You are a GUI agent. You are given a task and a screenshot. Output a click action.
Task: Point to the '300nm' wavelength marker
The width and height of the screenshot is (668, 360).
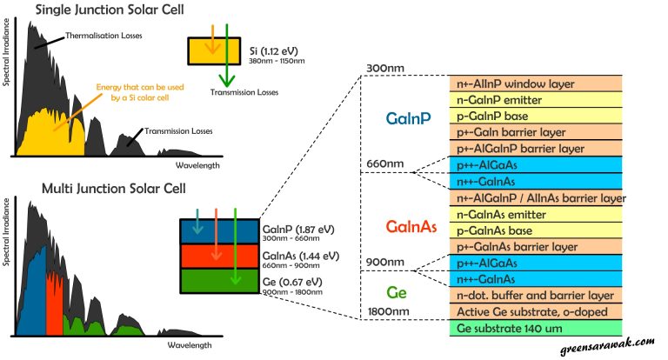(x=388, y=69)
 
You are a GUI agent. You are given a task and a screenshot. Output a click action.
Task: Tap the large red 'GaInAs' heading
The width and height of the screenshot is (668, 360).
(x=411, y=227)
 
